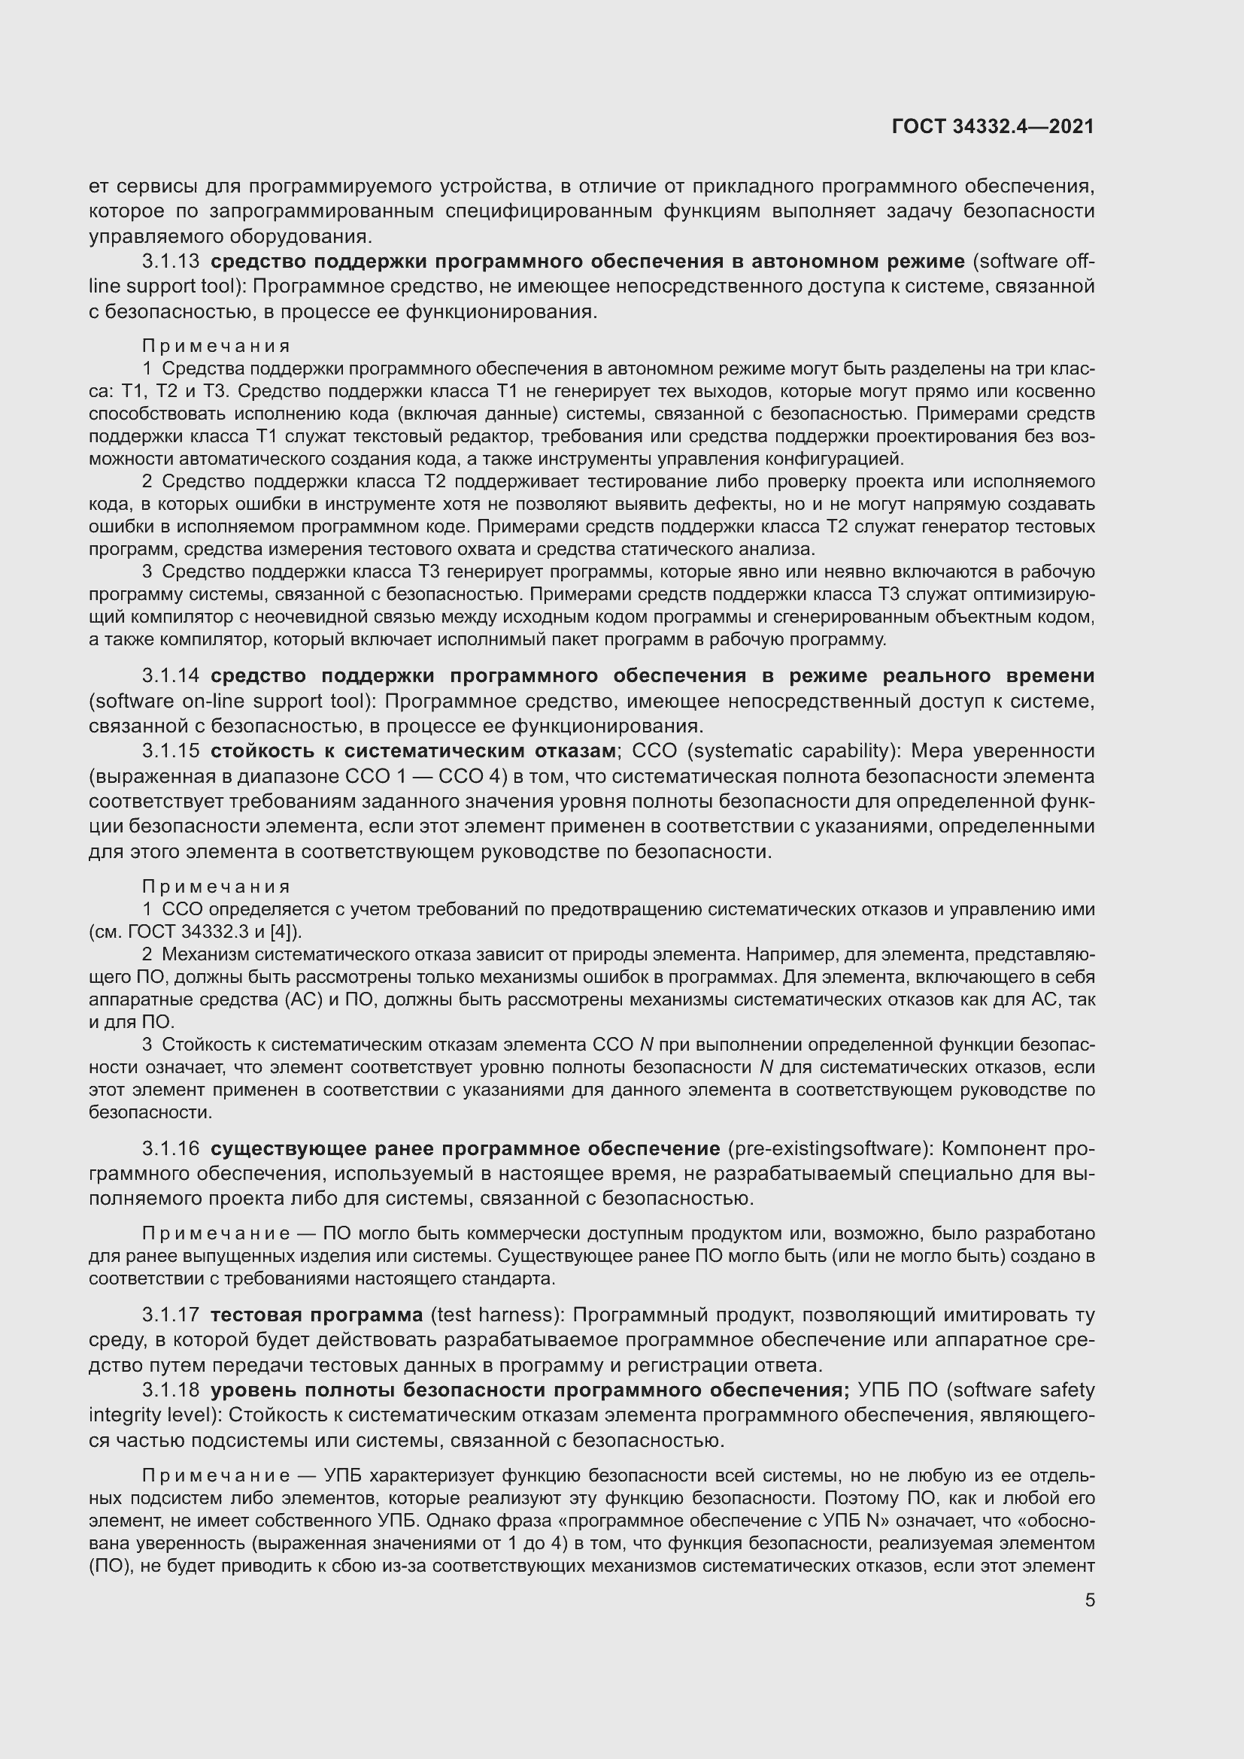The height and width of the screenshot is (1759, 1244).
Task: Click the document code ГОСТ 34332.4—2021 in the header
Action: [x=993, y=127]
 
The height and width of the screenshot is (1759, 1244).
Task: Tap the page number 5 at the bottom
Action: [x=1089, y=1600]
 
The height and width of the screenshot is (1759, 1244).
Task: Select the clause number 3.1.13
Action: [x=170, y=261]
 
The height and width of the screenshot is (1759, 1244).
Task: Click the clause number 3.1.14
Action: [x=170, y=676]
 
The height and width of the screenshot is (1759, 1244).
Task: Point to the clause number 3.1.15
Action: [x=170, y=751]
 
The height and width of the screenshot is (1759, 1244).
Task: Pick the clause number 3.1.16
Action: [x=170, y=1148]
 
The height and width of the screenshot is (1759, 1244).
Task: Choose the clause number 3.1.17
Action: [x=170, y=1315]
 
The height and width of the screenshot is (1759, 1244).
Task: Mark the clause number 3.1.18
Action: [x=170, y=1390]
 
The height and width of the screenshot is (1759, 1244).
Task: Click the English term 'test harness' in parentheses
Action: [x=495, y=1315]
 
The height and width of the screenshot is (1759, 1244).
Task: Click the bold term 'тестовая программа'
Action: [x=317, y=1315]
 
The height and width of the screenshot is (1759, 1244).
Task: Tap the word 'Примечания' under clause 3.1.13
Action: [x=216, y=346]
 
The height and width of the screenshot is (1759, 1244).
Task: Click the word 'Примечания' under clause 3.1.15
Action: [x=216, y=887]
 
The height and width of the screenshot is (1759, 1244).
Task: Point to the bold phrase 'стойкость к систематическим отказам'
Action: [x=413, y=751]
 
